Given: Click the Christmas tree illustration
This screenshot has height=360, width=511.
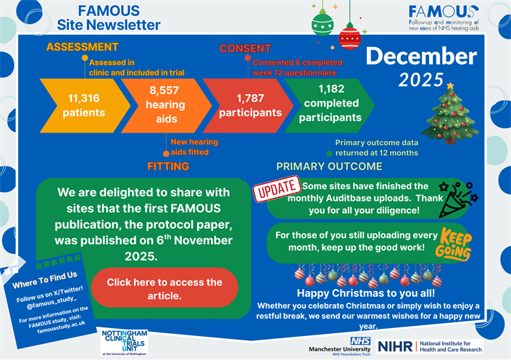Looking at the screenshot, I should tap(449, 114).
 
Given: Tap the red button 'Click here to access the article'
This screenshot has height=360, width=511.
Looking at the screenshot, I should tap(165, 288).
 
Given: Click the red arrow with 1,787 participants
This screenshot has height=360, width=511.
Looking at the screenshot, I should tap(249, 105).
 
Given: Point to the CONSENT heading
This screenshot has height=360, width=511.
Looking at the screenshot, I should tap(245, 49).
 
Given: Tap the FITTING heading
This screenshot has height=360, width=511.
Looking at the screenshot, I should tap(168, 167).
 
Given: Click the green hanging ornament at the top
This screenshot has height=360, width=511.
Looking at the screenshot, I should tap(322, 22).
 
